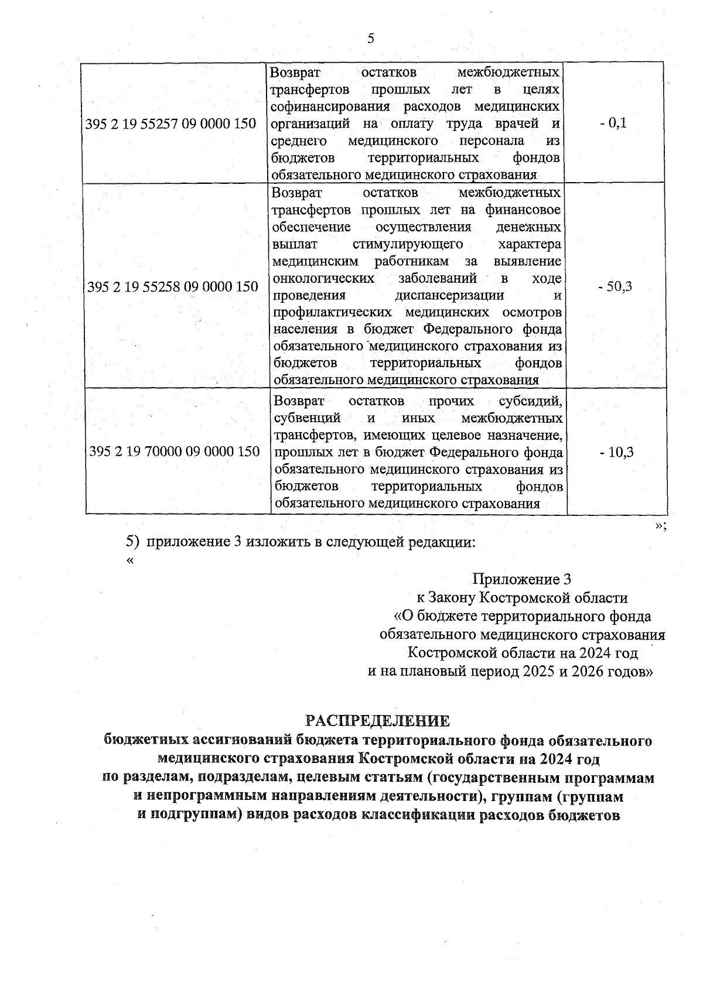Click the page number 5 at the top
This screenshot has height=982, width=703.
pyautogui.click(x=370, y=39)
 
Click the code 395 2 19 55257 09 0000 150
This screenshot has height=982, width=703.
pyautogui.click(x=171, y=124)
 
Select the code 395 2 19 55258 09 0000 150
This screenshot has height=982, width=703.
pyautogui.click(x=172, y=287)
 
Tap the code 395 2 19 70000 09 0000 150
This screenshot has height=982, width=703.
pyautogui.click(x=174, y=451)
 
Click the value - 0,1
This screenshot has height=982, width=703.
pyautogui.click(x=613, y=124)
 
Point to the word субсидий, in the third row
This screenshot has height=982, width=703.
pyautogui.click(x=531, y=402)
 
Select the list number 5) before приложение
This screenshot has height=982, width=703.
pyautogui.click(x=133, y=542)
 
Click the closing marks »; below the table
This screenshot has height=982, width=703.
pyautogui.click(x=660, y=525)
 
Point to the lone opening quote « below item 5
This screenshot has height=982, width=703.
pyautogui.click(x=129, y=560)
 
